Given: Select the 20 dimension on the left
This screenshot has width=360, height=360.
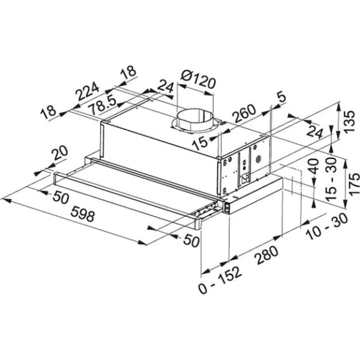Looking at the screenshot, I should [x=59, y=154].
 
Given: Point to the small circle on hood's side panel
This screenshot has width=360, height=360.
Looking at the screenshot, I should [x=259, y=160].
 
